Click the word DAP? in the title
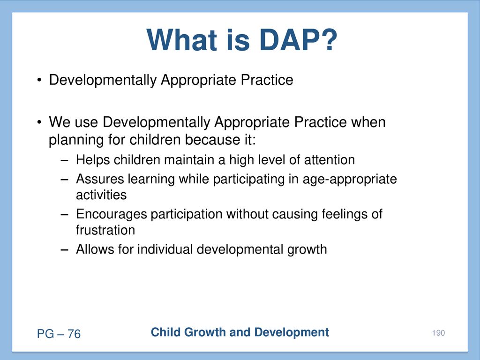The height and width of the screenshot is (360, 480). [298, 40]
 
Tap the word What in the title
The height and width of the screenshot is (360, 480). [182, 40]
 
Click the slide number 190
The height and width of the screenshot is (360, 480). [438, 333]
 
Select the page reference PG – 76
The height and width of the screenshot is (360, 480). [59, 334]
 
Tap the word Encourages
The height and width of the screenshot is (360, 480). [112, 214]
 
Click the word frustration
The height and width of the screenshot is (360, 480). [105, 230]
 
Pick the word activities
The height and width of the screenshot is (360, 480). [101, 195]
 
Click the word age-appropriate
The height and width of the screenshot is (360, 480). [350, 180]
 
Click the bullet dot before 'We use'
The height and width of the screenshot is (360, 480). [39, 122]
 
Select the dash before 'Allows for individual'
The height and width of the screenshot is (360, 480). [64, 249]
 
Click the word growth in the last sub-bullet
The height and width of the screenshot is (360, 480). [307, 250]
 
